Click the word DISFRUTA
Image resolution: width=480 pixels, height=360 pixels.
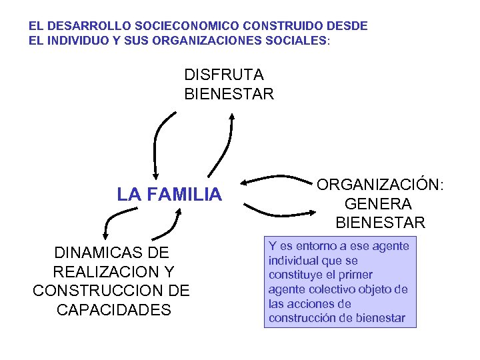coord(224,73)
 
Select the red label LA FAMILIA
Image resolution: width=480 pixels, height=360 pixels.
coord(169,195)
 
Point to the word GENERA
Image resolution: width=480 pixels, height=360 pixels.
coord(379,203)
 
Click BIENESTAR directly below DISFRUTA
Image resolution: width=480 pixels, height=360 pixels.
coord(229,93)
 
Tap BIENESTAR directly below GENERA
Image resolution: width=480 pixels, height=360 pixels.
coord(380,222)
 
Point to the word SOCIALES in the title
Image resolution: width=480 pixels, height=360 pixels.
coord(293,40)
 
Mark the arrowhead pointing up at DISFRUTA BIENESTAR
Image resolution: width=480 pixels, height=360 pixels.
coord(231,116)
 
